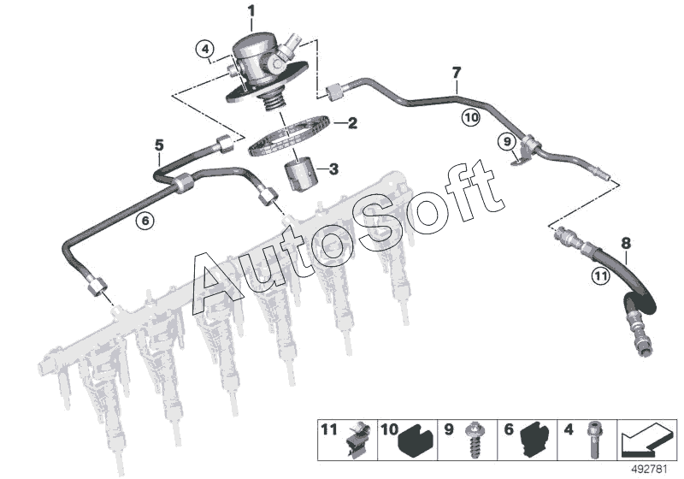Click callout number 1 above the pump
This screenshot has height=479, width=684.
251,11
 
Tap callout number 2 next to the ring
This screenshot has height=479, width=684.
351,123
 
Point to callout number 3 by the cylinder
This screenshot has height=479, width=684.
333,169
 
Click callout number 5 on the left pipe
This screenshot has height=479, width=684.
159,146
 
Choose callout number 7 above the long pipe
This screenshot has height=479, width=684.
457,73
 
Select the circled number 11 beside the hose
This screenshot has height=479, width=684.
600,275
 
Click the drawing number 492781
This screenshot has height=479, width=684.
652,469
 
